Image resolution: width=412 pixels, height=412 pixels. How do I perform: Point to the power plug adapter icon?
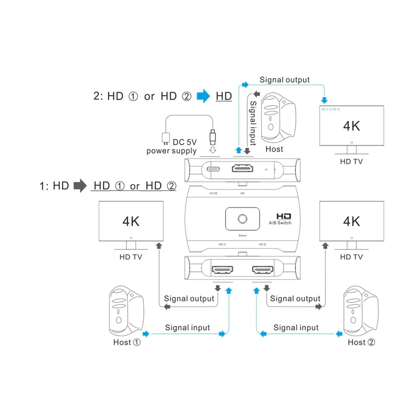(x=165, y=138)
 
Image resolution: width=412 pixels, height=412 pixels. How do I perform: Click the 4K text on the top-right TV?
(x=352, y=125)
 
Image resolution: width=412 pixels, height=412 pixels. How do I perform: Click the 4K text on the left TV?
(x=131, y=221)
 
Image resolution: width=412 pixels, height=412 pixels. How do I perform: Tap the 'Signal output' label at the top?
(x=284, y=80)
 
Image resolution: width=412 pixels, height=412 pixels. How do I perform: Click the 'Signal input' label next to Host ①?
(x=187, y=328)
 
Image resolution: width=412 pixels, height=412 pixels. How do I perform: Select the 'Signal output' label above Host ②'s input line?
(x=295, y=299)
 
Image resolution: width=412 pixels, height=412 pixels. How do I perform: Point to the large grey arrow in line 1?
(x=80, y=185)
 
